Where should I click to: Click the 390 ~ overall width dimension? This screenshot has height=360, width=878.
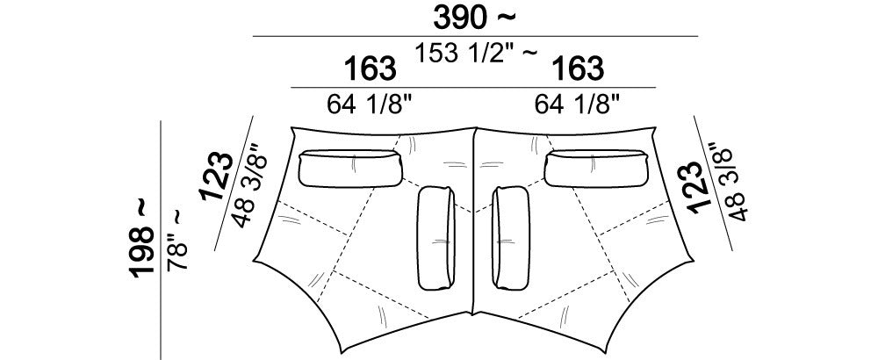tap(474, 18)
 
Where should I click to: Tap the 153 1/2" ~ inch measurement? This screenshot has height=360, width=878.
tap(476, 54)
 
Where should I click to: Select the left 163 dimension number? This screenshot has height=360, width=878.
tap(371, 68)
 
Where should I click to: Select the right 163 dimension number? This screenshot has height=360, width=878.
tap(578, 68)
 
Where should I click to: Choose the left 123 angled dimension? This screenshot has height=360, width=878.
tap(216, 176)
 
